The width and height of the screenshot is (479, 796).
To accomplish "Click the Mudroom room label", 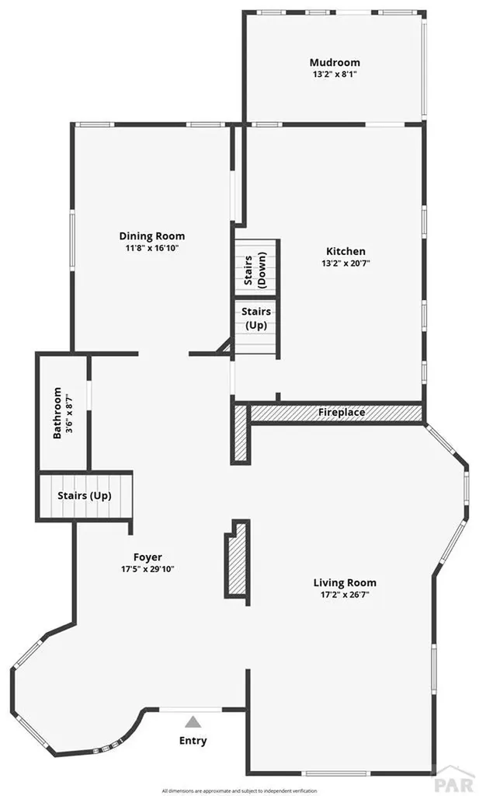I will (x=335, y=63).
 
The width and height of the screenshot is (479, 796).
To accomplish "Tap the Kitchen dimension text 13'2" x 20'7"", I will (x=345, y=264).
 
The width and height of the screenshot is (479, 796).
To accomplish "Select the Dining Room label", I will (x=152, y=236).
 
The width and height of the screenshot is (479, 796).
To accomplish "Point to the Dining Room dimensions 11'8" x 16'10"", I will (x=152, y=248).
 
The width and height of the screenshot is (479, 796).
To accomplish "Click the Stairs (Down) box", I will (x=256, y=269).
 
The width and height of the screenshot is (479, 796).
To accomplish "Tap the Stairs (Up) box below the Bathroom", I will (x=85, y=495).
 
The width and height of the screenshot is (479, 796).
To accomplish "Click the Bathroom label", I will (x=57, y=413).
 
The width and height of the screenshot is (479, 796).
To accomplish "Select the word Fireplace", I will (x=342, y=412).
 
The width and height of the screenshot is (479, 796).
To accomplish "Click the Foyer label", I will (x=148, y=557).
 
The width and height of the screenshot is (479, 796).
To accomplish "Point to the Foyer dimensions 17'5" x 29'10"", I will (x=148, y=568).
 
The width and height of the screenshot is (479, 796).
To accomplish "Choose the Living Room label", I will (x=345, y=582).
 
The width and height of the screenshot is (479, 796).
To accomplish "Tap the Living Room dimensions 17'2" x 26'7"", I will (x=345, y=595).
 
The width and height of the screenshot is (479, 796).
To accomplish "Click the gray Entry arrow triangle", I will (x=193, y=722).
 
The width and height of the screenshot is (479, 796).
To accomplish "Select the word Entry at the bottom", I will (x=193, y=741).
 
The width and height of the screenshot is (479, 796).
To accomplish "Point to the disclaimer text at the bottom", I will (x=239, y=791).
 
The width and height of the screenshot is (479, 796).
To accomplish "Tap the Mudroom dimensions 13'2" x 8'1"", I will (x=335, y=75).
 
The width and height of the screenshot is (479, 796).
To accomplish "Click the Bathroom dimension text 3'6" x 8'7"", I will (x=68, y=413).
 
